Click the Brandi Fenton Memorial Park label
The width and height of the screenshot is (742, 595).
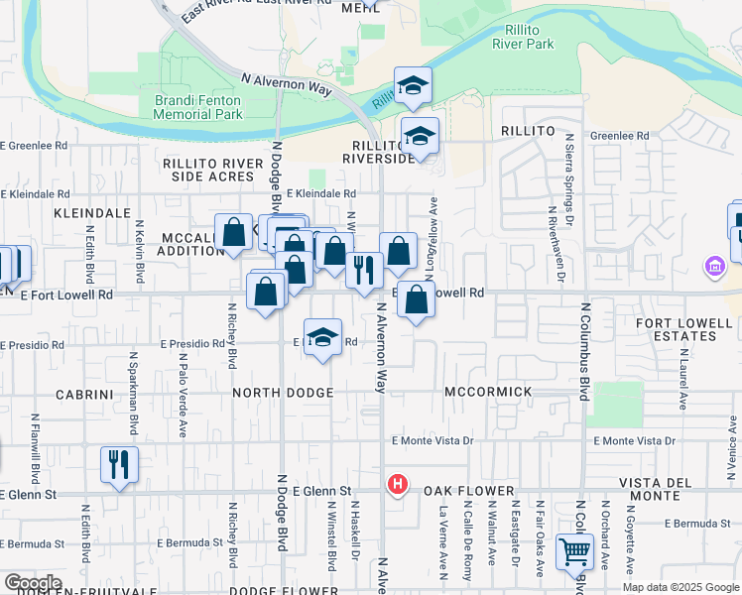point(198,107)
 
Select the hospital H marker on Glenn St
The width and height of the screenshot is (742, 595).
point(397,485)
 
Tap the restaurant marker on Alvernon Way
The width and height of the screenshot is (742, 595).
point(364,270)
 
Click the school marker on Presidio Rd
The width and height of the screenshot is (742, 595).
point(322,338)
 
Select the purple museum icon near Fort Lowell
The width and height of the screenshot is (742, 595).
point(714,266)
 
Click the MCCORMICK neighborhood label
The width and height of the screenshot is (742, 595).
point(488,393)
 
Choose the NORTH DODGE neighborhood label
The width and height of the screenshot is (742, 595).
point(283,393)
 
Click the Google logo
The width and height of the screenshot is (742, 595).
point(33,583)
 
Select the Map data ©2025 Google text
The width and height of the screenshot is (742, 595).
point(680,587)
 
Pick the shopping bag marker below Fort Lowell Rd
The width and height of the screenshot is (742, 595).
point(416,299)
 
